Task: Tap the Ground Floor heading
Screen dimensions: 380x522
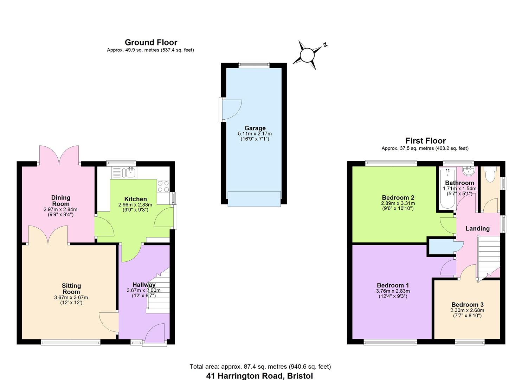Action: [x=151, y=43]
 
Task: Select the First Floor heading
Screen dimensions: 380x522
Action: [x=425, y=141]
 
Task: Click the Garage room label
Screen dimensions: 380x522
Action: [x=255, y=128]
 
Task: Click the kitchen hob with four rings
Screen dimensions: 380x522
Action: [x=163, y=186]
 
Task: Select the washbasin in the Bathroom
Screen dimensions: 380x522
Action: [x=468, y=171]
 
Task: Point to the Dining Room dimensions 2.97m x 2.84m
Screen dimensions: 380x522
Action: [x=60, y=209]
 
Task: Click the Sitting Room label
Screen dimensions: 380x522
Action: [x=71, y=289]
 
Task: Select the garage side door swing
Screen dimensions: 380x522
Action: [x=231, y=109]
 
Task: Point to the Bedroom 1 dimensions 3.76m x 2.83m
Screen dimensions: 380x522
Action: [x=393, y=291]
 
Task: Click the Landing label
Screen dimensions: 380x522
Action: [x=477, y=229]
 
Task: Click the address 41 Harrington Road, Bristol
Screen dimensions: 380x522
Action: [x=259, y=376]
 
